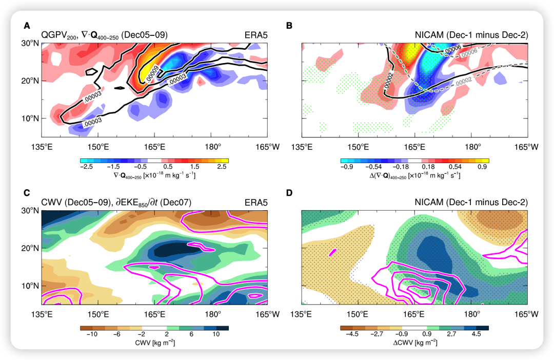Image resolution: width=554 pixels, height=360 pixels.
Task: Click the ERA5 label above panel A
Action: click(x=255, y=35)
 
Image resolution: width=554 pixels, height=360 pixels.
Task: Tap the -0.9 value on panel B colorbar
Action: click(x=347, y=167)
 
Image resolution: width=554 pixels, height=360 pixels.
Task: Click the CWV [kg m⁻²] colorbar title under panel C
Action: click(x=154, y=343)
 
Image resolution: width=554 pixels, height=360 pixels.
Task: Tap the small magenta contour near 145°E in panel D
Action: click(x=333, y=251)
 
